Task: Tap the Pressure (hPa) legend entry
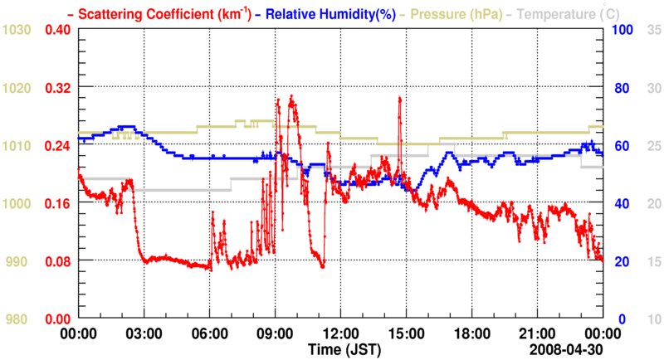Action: tap(456, 13)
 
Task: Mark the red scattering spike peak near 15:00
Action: tap(400, 98)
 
